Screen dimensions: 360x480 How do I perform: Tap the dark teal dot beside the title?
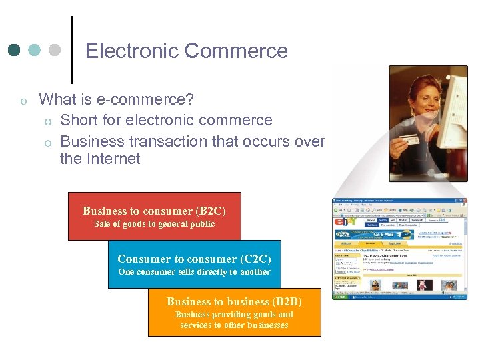tap(14, 50)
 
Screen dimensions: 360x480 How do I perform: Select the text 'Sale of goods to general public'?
tap(154, 224)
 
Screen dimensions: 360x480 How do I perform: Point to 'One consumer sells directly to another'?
tap(194, 272)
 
